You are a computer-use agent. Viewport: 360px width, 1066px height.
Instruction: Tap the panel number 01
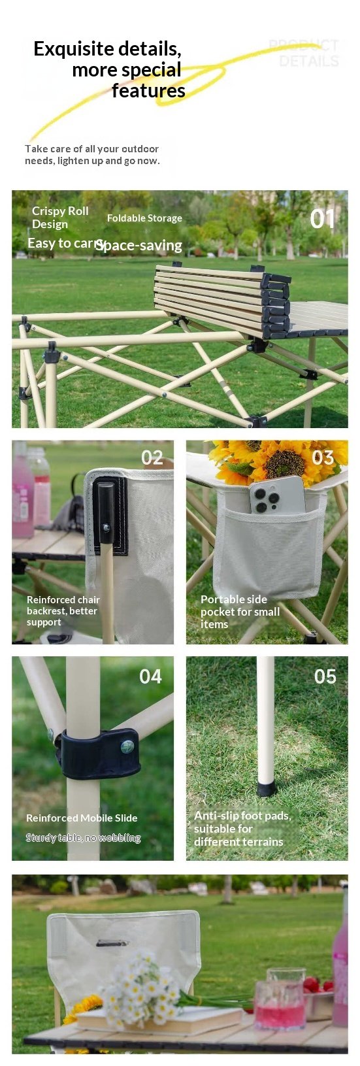click(x=322, y=219)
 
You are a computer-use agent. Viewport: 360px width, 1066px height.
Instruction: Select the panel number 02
click(x=152, y=458)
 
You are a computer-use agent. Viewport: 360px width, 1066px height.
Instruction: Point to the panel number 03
click(x=323, y=458)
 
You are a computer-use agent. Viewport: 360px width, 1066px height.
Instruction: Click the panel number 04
click(x=150, y=676)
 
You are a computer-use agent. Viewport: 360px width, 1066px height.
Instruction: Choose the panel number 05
click(x=325, y=676)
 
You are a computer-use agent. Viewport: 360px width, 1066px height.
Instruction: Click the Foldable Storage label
click(x=144, y=218)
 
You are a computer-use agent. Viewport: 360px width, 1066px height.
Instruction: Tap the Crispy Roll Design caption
click(x=59, y=218)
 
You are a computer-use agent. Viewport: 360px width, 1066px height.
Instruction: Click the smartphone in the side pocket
click(x=276, y=497)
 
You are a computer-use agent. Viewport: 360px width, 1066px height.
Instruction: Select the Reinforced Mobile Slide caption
click(x=82, y=818)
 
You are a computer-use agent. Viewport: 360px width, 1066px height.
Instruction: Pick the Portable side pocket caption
click(x=240, y=611)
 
